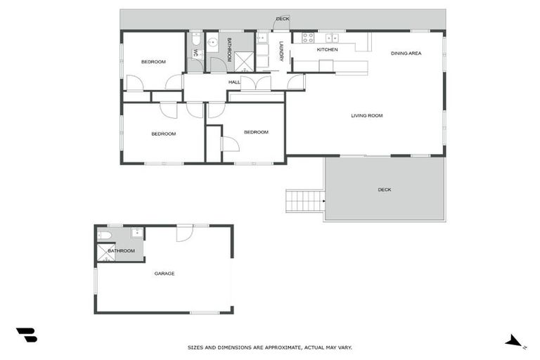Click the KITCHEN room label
click(327, 50)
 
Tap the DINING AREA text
click(406, 53)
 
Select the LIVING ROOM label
click(366, 115)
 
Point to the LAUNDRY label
click(281, 52)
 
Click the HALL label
click(234, 82)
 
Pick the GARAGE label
click(164, 274)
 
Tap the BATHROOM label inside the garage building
click(121, 250)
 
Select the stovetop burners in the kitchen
click(307, 38)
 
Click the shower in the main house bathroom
click(243, 62)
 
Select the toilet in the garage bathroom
click(103, 235)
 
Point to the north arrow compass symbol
click(515, 341)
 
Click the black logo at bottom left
click(26, 335)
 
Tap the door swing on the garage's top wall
click(184, 233)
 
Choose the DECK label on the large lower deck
click(384, 190)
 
